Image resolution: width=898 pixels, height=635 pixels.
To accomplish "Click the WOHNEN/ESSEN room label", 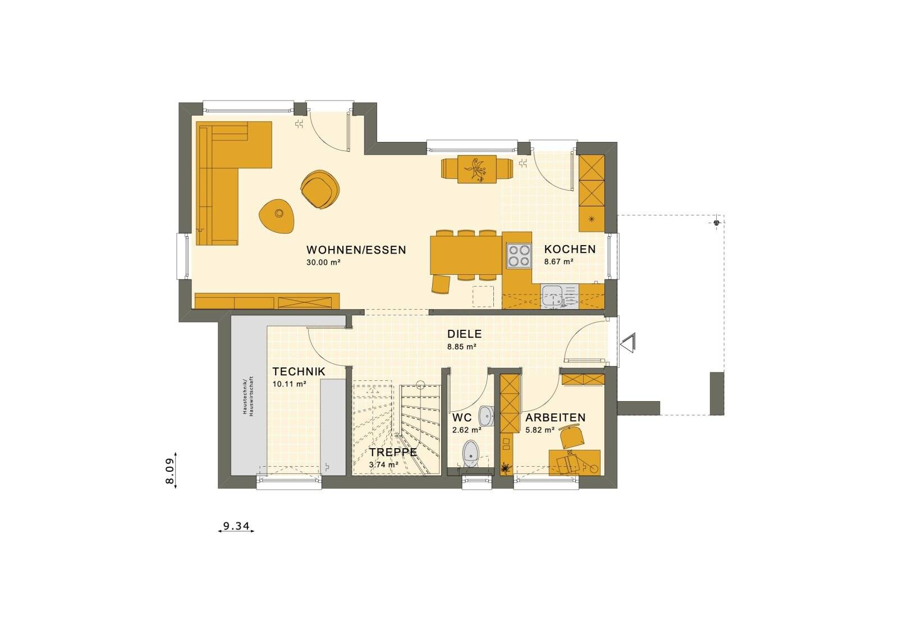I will [x=356, y=250].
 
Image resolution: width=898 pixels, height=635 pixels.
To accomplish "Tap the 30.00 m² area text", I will [x=324, y=263].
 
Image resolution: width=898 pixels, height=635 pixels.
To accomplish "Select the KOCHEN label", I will [x=570, y=249].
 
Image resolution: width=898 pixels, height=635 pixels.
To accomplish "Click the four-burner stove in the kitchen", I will [x=518, y=256].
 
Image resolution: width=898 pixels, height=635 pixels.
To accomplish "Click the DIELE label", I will [x=464, y=334].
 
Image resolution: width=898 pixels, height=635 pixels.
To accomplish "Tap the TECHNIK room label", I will [x=299, y=371].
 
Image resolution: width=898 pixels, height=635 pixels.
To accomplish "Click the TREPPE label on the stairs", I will [x=393, y=452].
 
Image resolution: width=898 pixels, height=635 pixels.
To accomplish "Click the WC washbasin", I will [x=486, y=416].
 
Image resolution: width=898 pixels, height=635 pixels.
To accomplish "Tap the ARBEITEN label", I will [x=555, y=418].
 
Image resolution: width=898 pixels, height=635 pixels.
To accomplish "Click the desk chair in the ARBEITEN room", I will [x=571, y=436].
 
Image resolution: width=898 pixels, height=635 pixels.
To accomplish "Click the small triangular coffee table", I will [x=277, y=214].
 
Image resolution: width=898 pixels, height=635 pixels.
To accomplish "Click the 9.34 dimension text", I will [x=236, y=526].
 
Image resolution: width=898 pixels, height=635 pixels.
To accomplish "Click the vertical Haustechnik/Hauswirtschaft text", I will [x=248, y=395].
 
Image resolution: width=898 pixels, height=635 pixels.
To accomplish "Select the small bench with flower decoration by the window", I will [x=477, y=169].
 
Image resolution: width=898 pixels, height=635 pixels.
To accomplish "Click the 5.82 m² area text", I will [x=540, y=430].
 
